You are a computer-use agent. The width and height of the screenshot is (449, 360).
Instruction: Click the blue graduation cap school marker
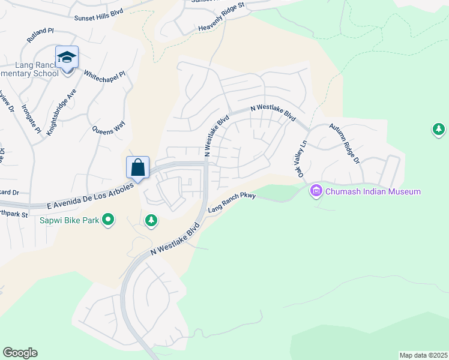pos(67,58)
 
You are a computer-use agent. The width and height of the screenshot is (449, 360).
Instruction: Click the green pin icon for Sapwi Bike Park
pos(108,220)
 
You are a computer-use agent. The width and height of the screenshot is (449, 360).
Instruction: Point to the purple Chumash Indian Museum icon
pos(316,191)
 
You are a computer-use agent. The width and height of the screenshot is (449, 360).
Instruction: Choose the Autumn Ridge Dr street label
pos(344,145)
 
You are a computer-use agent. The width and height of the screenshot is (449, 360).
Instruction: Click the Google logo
pos(20,353)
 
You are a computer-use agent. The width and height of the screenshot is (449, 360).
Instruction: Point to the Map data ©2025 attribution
pos(423,355)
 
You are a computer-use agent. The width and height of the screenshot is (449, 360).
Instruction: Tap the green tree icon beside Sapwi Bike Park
pos(151,221)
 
